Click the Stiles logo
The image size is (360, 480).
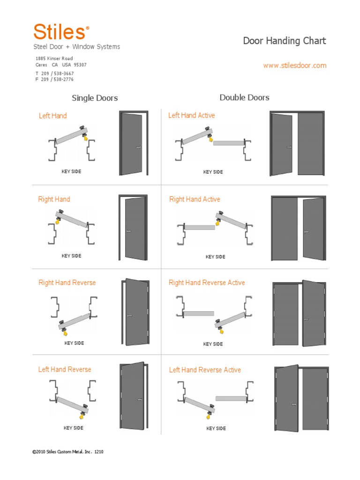60,32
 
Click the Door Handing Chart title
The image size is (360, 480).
284,41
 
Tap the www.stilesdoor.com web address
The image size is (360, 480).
294,66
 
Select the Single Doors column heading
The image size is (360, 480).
95,98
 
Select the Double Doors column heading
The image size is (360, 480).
244,97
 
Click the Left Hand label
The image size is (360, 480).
52,116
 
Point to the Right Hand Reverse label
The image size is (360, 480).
67,283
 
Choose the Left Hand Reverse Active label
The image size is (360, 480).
205,370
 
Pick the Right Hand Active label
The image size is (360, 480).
195,199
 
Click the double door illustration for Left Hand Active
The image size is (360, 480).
297,143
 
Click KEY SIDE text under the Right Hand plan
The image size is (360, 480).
71,256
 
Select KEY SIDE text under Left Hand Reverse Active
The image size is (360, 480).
216,428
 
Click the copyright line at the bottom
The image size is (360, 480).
67,452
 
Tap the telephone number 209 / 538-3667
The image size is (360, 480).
57,74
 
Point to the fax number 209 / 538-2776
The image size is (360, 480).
57,80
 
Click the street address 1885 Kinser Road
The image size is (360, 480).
54,59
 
